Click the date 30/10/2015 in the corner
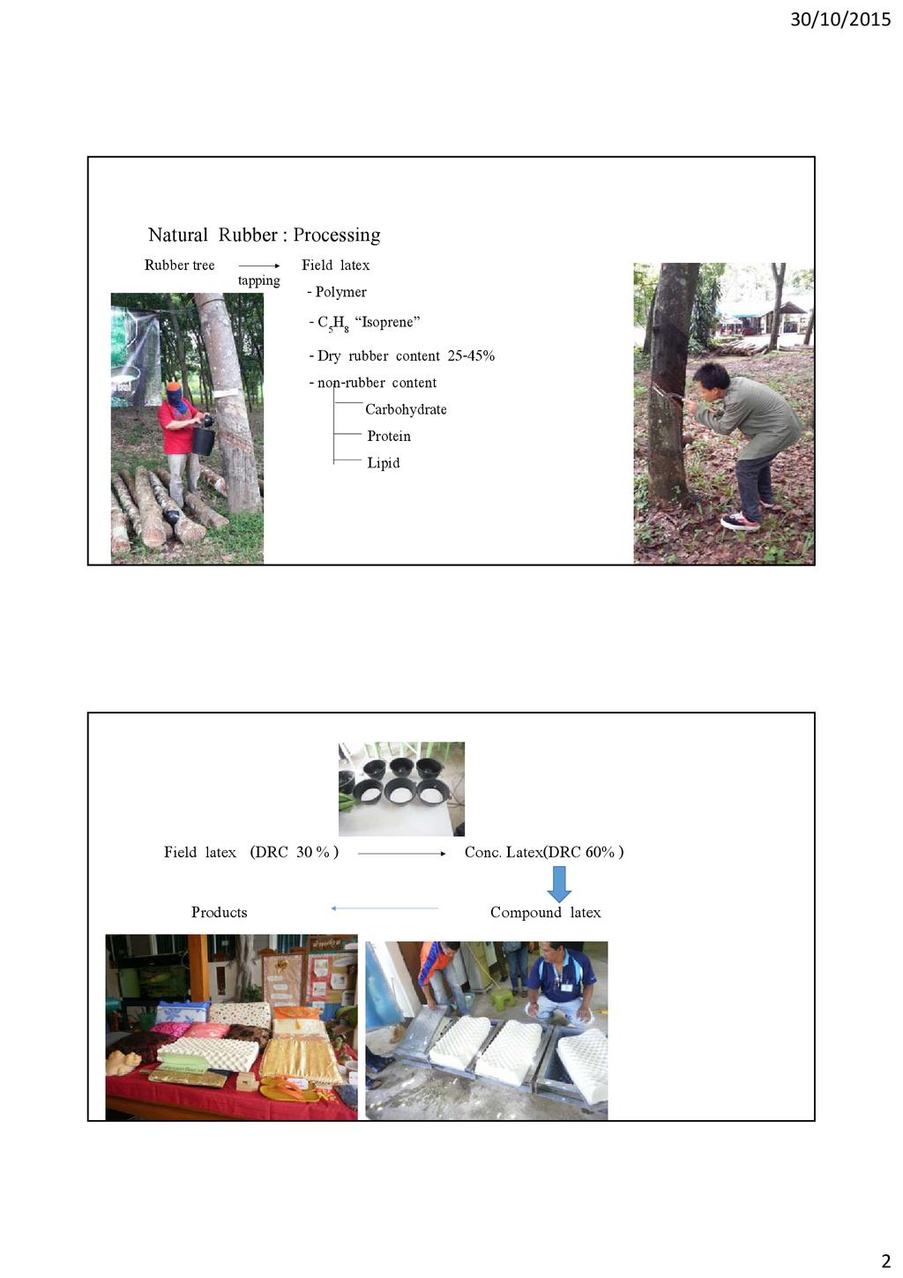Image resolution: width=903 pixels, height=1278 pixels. pyautogui.click(x=840, y=19)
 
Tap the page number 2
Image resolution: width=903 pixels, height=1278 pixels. pyautogui.click(x=885, y=1260)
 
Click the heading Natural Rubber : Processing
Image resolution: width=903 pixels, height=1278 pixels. pyautogui.click(x=265, y=235)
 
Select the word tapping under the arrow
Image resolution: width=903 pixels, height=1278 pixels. pyautogui.click(x=259, y=280)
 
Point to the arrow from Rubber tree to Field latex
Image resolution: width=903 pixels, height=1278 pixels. pyautogui.click(x=259, y=265)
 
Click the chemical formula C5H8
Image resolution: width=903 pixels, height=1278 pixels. pyautogui.click(x=332, y=324)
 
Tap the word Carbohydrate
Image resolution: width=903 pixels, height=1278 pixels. pyautogui.click(x=406, y=409)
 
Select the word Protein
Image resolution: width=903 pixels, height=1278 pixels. pyautogui.click(x=389, y=436)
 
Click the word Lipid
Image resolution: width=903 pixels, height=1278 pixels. pyautogui.click(x=384, y=463)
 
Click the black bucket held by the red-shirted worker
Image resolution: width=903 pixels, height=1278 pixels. pyautogui.click(x=203, y=440)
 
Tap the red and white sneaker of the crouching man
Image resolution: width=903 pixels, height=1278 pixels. pyautogui.click(x=740, y=521)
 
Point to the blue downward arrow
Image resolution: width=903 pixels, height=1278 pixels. pyautogui.click(x=559, y=884)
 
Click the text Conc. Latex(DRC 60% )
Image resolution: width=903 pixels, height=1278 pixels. pyautogui.click(x=543, y=852)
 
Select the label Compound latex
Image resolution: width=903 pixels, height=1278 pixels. pyautogui.click(x=545, y=912)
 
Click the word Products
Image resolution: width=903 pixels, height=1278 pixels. pyautogui.click(x=219, y=912)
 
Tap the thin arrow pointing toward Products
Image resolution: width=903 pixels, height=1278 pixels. pyautogui.click(x=384, y=908)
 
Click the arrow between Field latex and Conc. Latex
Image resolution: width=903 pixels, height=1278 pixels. pyautogui.click(x=401, y=854)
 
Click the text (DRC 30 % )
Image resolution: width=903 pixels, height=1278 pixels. pyautogui.click(x=295, y=852)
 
